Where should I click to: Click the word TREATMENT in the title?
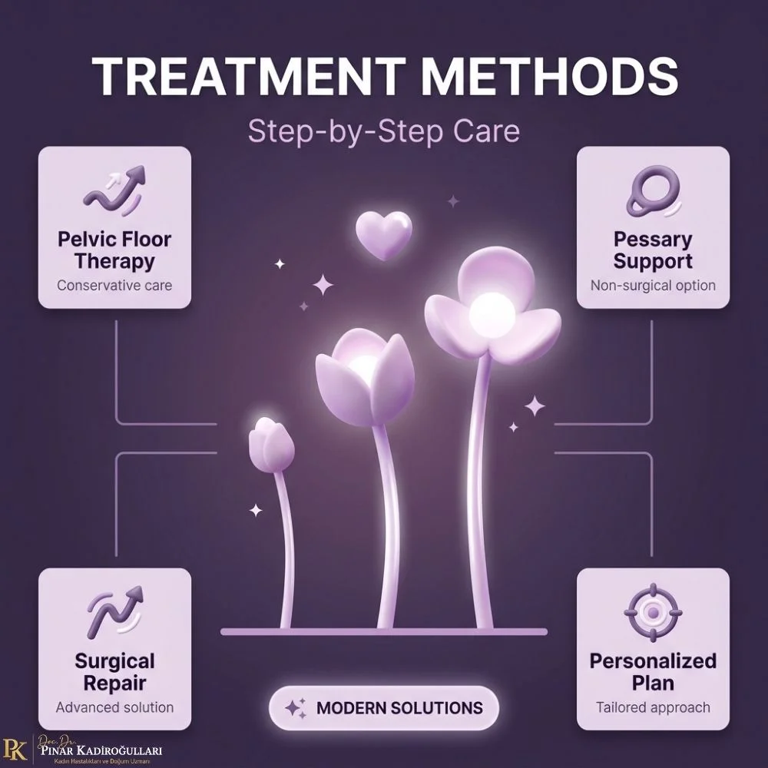[x=248, y=77]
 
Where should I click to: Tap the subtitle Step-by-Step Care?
[x=383, y=131]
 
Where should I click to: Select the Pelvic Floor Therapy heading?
[x=114, y=250]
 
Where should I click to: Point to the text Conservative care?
[x=114, y=285]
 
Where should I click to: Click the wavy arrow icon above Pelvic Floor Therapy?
[x=114, y=190]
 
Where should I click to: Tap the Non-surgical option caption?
[x=653, y=285]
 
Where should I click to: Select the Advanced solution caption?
[x=114, y=707]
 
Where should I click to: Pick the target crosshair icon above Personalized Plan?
[x=654, y=612]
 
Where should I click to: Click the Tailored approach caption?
[x=653, y=708]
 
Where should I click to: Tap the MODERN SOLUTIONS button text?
[x=399, y=708]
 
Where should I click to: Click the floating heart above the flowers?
[x=384, y=235]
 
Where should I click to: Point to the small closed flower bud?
[x=271, y=445]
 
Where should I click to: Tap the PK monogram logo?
[x=15, y=748]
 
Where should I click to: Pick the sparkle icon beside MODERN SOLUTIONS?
[x=296, y=708]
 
